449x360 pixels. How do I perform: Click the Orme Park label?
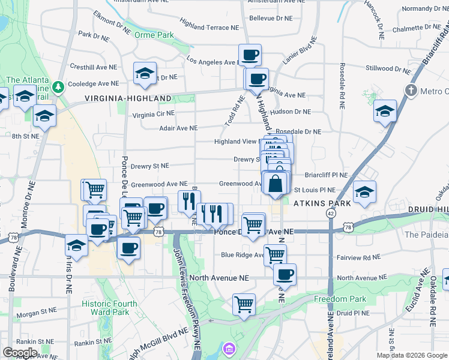[x=155, y=35]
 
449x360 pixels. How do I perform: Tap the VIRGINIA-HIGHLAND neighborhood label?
[x=128, y=98]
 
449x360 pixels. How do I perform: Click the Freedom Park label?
[x=340, y=299]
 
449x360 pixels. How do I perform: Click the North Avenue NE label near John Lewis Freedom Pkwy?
[x=218, y=278]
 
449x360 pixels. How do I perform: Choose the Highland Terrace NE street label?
[x=204, y=27]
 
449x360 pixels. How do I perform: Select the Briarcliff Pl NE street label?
[x=326, y=175]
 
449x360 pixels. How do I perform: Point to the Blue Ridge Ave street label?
[x=243, y=255]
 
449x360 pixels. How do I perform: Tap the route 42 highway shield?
[x=331, y=214]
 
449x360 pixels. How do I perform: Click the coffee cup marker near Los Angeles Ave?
[x=250, y=55]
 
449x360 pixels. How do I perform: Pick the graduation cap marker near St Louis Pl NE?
[x=364, y=191]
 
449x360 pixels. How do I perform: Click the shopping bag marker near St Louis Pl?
[x=275, y=183]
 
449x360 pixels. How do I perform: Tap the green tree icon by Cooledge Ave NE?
[x=58, y=88]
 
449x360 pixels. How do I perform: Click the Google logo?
[x=19, y=352]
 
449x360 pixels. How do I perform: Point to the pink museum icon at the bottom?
[x=229, y=349]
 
